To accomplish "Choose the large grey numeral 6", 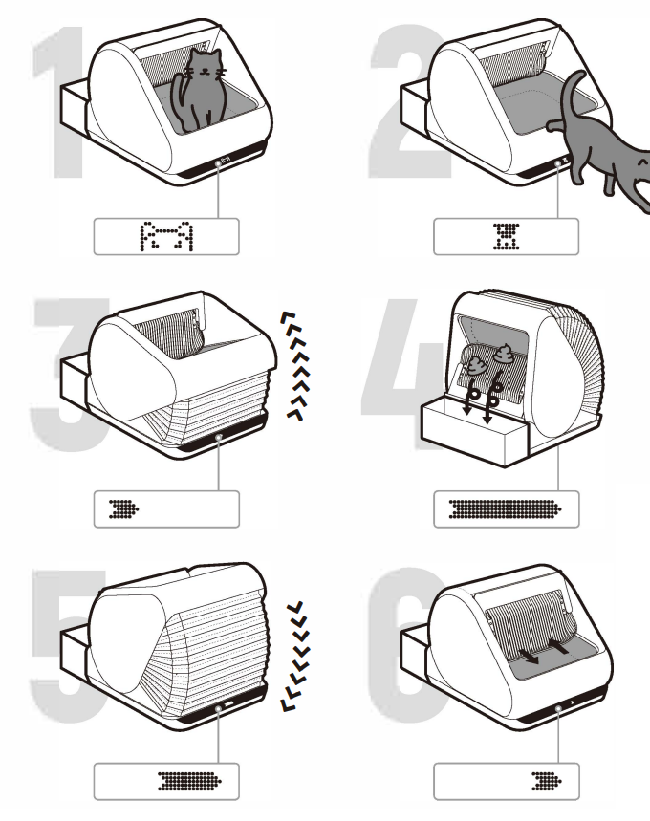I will click(401, 659).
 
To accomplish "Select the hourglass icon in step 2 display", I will click(506, 235).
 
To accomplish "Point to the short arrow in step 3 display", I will click(125, 508).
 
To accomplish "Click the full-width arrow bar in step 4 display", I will click(506, 508).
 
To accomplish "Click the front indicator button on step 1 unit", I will click(219, 164).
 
